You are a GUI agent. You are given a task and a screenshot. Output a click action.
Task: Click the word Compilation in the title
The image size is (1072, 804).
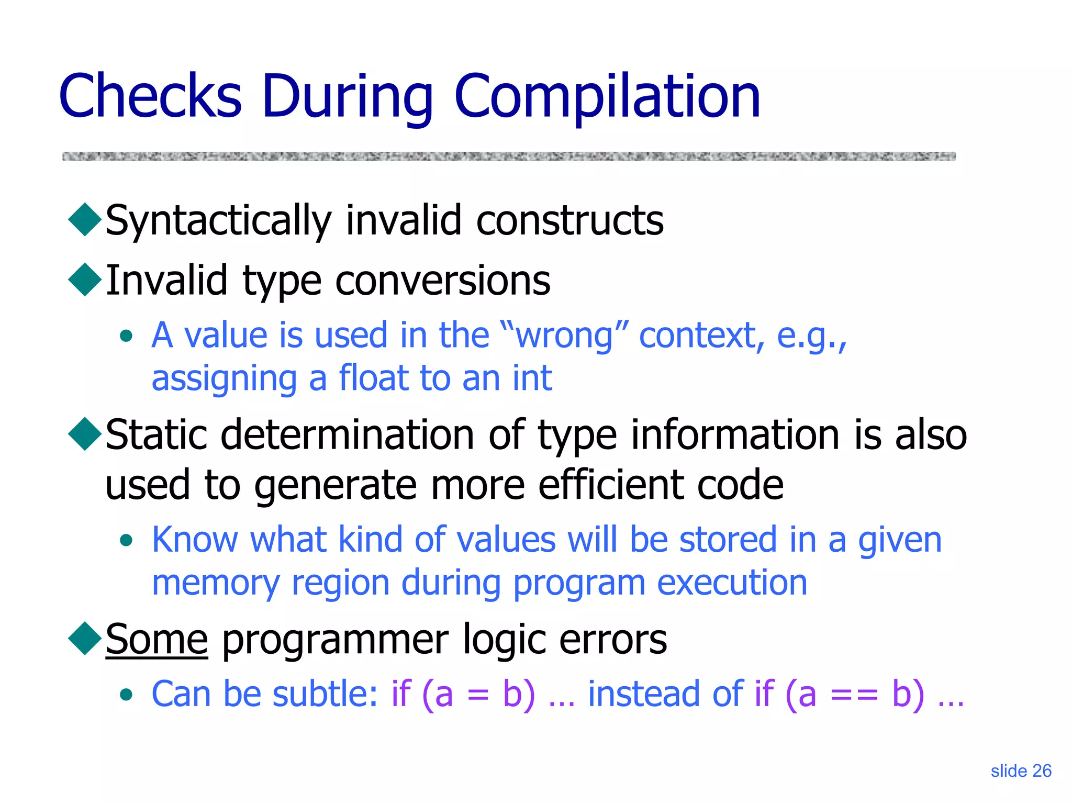coord(607,97)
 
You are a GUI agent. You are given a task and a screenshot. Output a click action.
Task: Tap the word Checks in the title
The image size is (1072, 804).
coord(150,97)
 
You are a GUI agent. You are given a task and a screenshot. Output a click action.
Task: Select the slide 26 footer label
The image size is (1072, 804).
coord(1021,771)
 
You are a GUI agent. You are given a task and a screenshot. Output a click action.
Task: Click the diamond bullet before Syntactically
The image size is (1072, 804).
coord(85,219)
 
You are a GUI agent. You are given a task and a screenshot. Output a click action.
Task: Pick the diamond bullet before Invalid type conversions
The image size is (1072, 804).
coord(85,280)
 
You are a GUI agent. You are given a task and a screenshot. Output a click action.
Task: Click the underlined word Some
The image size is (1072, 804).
coord(157,640)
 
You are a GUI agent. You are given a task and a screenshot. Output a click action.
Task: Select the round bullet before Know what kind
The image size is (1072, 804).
coord(126,540)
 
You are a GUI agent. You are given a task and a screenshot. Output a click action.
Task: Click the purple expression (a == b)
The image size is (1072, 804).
coord(855,694)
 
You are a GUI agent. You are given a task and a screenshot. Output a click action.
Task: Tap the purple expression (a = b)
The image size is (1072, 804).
coord(478,694)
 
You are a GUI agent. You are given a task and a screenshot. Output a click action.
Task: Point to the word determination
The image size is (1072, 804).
coord(348,435)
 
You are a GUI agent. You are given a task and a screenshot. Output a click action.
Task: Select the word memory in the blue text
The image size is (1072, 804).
coord(216,583)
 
